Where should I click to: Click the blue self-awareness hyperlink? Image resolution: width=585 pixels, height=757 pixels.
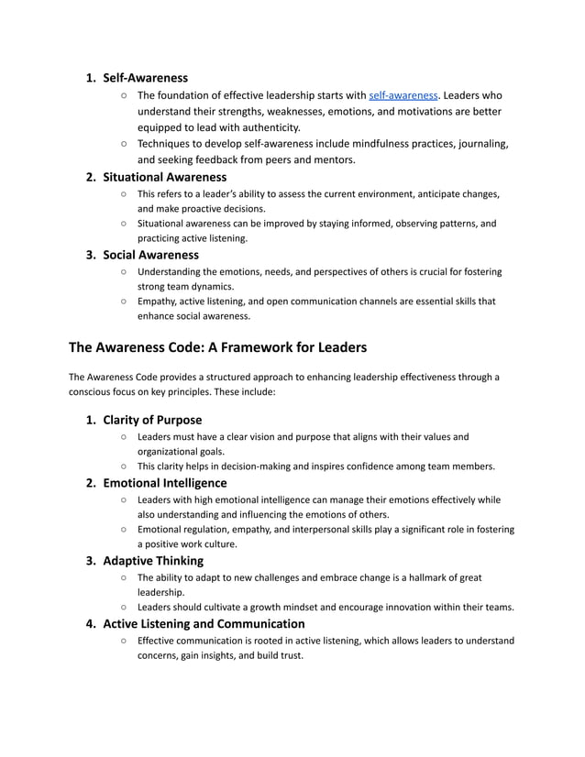pyautogui.click(x=403, y=95)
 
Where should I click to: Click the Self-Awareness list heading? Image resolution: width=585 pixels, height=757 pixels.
pyautogui.click(x=146, y=78)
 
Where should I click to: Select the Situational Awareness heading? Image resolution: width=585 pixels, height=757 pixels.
pyautogui.click(x=164, y=176)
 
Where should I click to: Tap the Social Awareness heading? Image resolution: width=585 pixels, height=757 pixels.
pyautogui.click(x=150, y=254)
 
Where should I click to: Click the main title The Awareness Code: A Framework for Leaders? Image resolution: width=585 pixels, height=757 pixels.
pyautogui.click(x=218, y=347)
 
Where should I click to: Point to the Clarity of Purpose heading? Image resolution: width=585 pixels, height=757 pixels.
pyautogui.click(x=152, y=420)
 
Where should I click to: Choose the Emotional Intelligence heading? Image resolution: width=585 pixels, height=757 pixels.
pyautogui.click(x=164, y=482)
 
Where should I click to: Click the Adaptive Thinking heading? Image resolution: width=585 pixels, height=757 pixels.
pyautogui.click(x=153, y=560)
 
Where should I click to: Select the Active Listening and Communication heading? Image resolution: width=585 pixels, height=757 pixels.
pyautogui.click(x=204, y=623)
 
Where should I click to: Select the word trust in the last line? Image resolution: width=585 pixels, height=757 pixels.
pyautogui.click(x=289, y=655)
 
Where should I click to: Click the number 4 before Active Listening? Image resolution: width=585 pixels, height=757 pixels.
pyautogui.click(x=91, y=623)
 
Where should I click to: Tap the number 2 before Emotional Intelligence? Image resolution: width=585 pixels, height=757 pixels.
pyautogui.click(x=91, y=482)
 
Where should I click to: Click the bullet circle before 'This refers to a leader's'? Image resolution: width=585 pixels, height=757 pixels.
pyautogui.click(x=123, y=193)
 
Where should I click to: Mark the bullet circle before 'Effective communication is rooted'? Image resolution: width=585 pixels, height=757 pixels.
pyautogui.click(x=123, y=641)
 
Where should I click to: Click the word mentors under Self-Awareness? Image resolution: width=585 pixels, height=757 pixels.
pyautogui.click(x=334, y=159)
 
